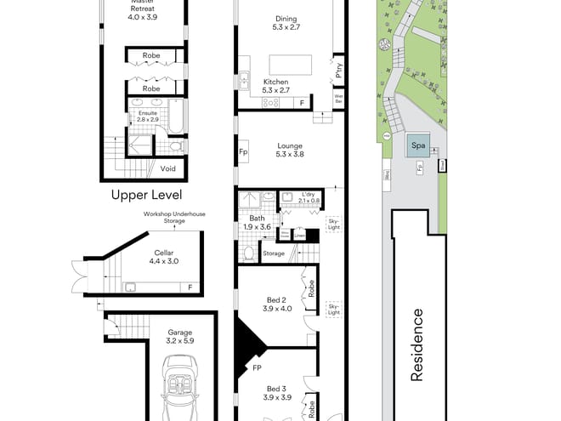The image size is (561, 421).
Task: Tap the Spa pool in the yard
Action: (x=416, y=145)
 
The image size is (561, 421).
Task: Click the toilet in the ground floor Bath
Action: (x=247, y=253)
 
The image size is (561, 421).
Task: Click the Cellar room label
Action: (x=163, y=253)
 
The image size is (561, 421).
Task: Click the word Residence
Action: (x=418, y=344)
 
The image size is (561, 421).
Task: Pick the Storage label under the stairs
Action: (x=274, y=253)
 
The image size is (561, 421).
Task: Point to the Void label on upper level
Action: (x=168, y=168)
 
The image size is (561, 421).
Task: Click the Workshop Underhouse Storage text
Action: (x=163, y=219)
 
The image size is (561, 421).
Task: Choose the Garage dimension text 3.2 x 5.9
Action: (x=179, y=341)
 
